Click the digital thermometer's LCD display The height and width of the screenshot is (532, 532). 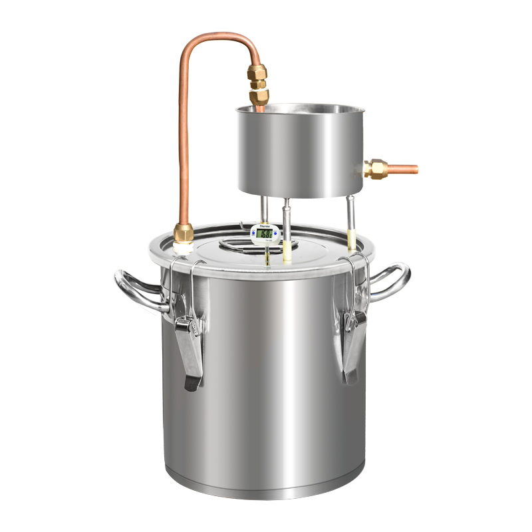(265, 234)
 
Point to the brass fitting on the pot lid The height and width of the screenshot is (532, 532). (184, 234)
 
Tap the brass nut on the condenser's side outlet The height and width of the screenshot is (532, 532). (376, 169)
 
